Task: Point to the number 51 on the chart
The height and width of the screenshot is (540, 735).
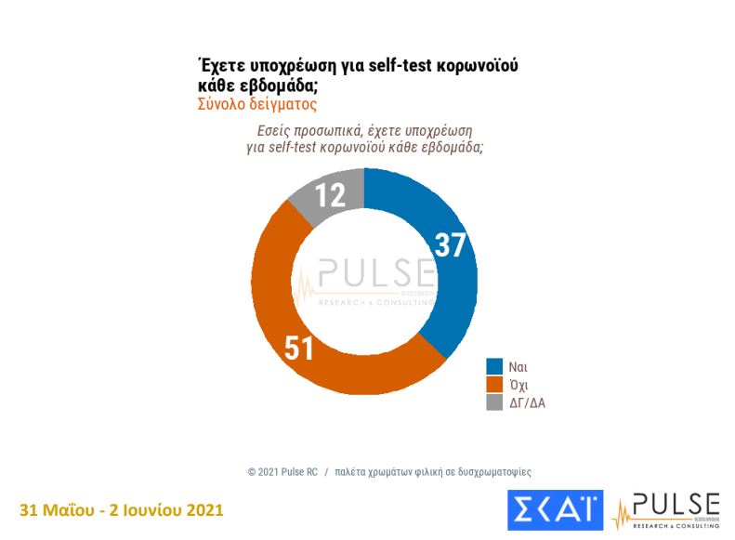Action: coord(298,349)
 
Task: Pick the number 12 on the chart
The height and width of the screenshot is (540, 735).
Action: coord(329,194)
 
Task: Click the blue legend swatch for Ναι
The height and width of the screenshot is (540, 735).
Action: coord(495,366)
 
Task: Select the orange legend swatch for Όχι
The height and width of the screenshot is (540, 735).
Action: coord(495,384)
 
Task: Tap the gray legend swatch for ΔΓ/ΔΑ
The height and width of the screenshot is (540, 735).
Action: coord(495,402)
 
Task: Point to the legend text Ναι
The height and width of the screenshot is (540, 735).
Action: coord(518,366)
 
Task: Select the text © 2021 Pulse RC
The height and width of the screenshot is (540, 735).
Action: coord(282,471)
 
